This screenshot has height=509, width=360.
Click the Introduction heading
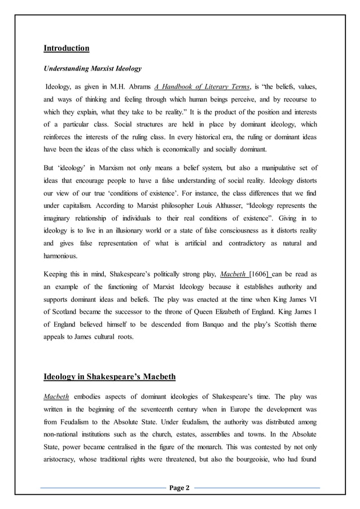[67, 48]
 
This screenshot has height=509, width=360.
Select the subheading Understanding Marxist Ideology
[93, 69]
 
